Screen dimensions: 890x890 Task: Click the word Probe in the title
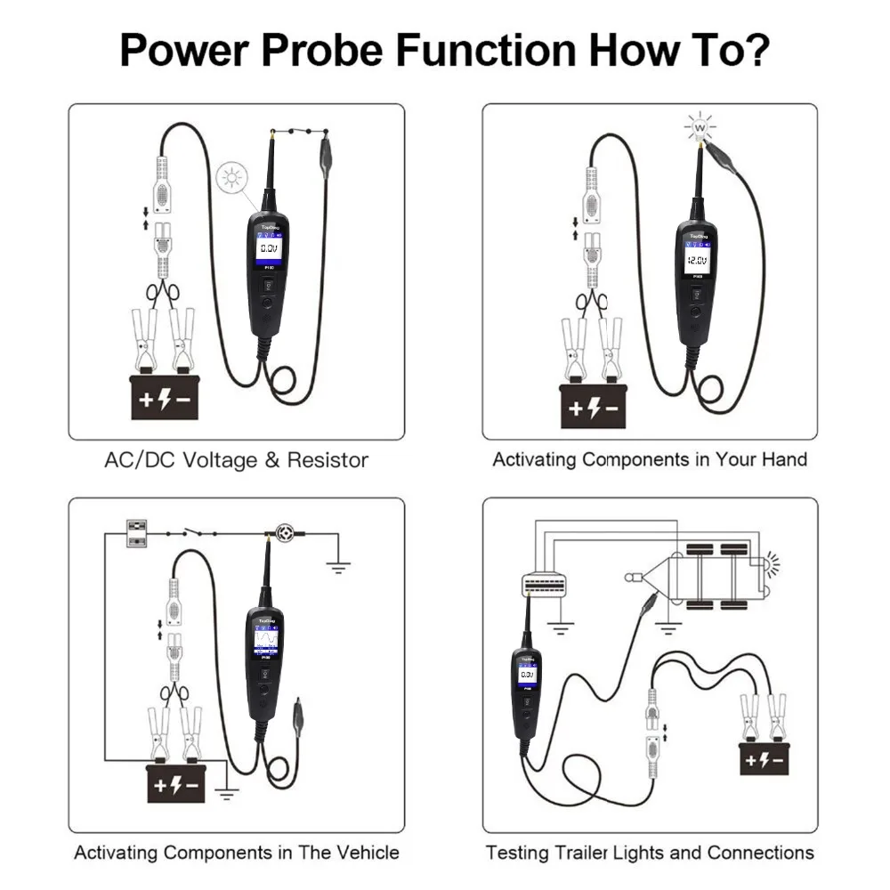pos(323,51)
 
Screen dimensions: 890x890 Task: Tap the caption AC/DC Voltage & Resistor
pos(236,460)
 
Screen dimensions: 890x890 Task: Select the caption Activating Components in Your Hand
pos(650,459)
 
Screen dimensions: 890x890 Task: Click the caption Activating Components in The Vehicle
pos(236,852)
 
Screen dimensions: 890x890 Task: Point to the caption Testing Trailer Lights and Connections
pos(650,852)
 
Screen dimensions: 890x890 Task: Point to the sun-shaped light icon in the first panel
pos(233,179)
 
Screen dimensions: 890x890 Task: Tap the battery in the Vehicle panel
pos(182,783)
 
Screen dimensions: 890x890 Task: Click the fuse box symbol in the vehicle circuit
pos(137,533)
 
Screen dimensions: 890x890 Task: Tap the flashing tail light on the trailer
pos(767,564)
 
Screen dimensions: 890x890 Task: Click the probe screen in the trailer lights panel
pos(527,676)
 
